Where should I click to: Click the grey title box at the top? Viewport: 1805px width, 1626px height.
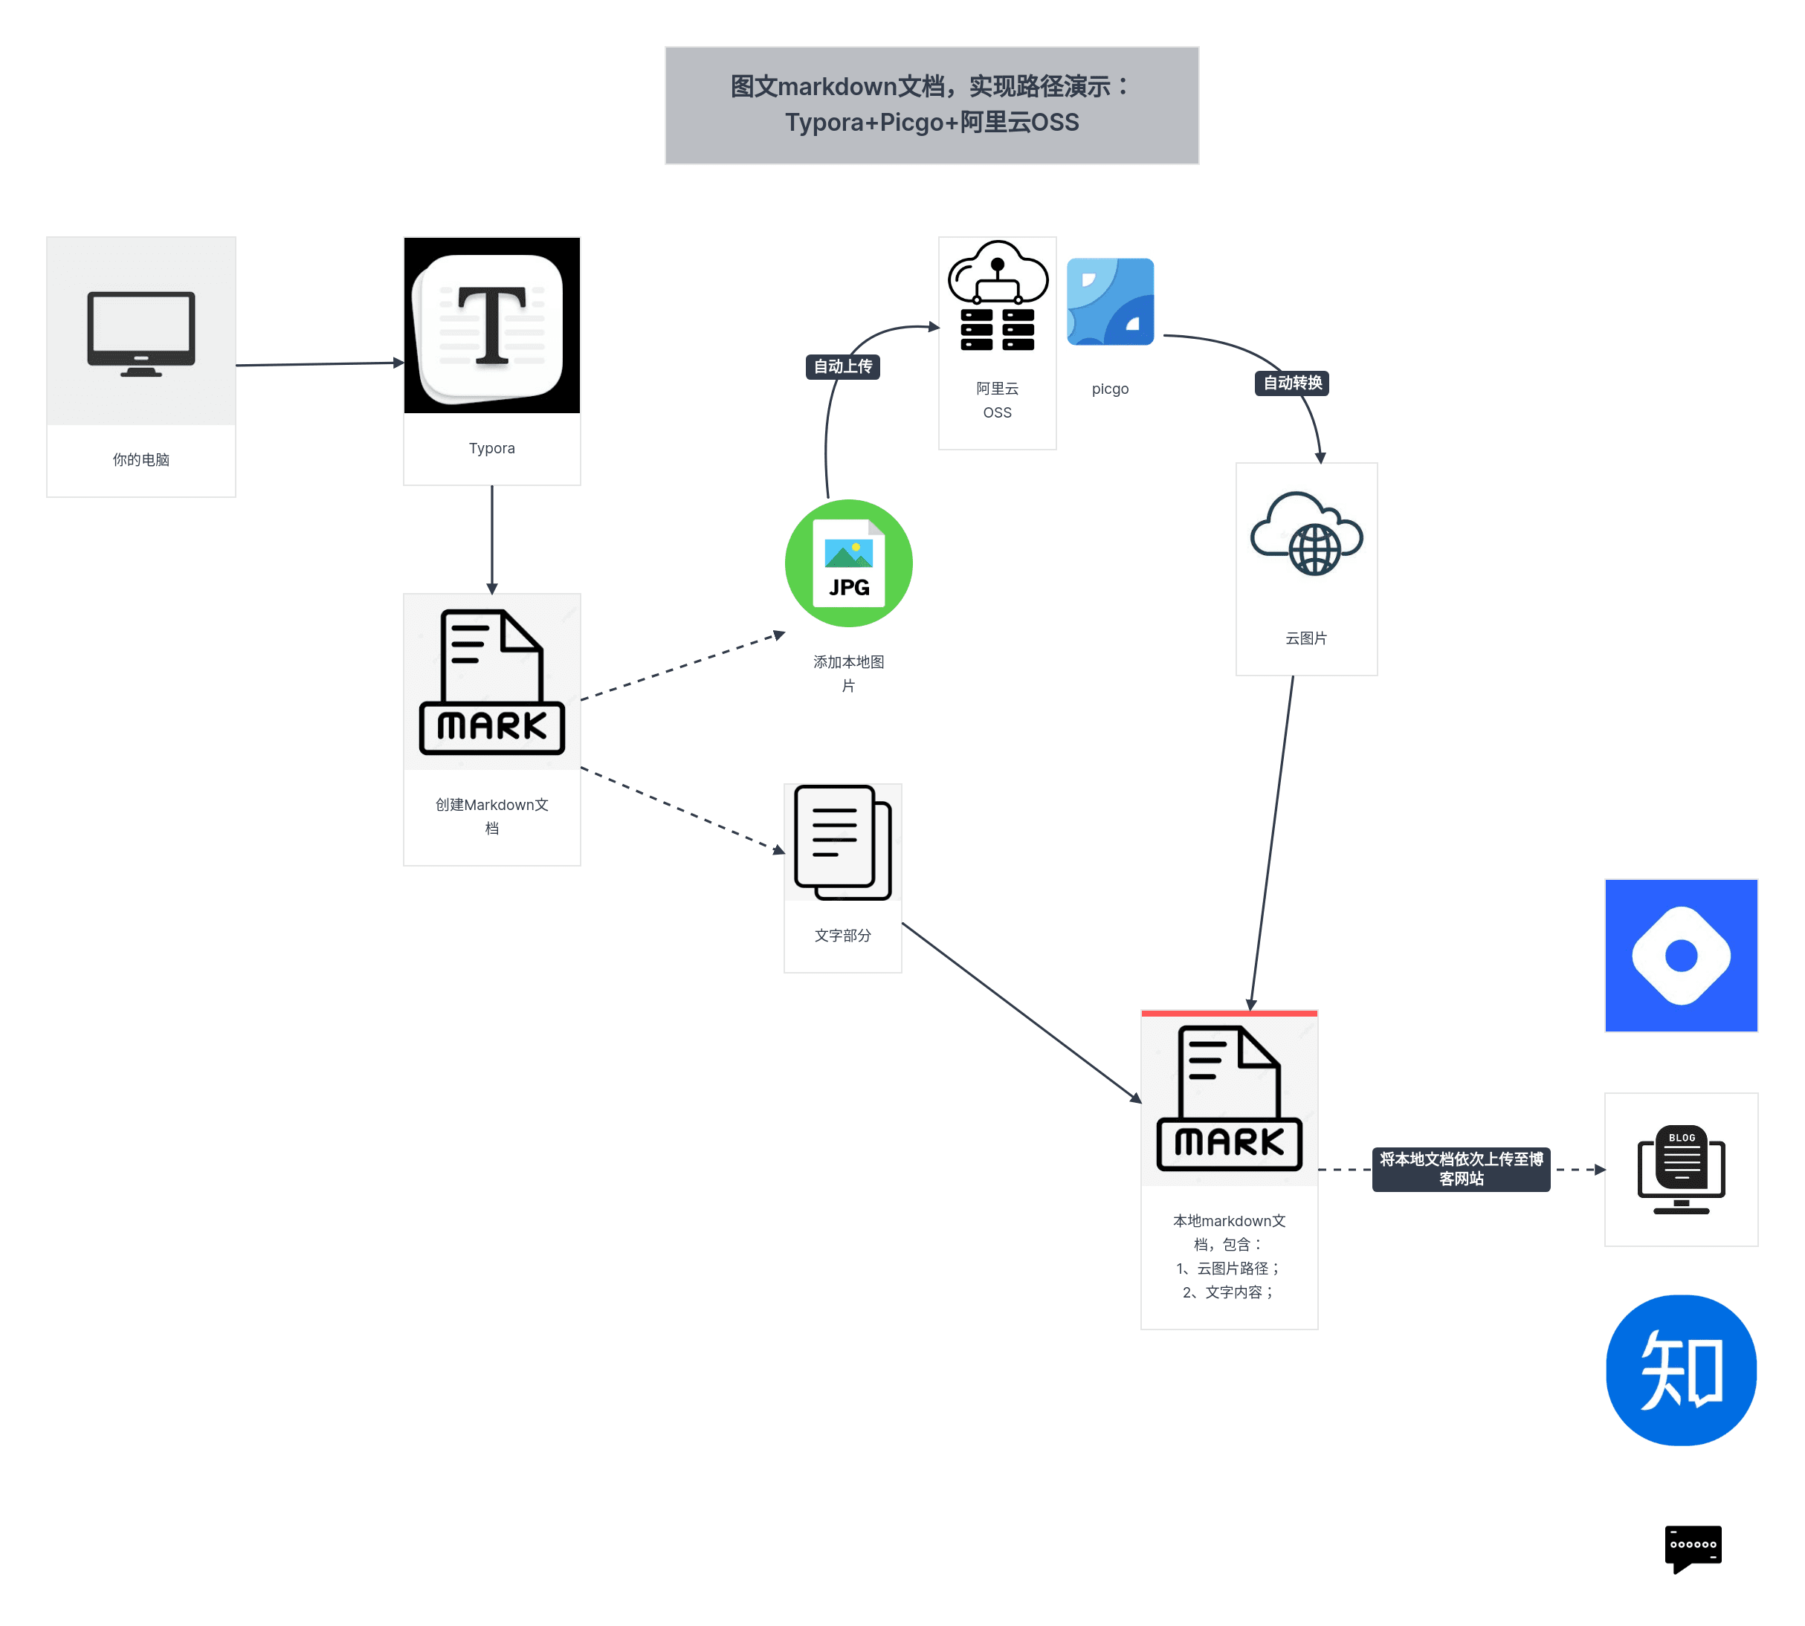pyautogui.click(x=931, y=105)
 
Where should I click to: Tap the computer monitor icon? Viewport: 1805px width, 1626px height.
pyautogui.click(x=141, y=332)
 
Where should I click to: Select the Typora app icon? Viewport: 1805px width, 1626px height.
pyautogui.click(x=491, y=325)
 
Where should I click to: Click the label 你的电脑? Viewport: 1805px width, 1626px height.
pyautogui.click(x=141, y=459)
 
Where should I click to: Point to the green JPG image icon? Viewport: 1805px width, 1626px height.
pyautogui.click(x=848, y=563)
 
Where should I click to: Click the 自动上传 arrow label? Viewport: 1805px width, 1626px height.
pyautogui.click(x=842, y=366)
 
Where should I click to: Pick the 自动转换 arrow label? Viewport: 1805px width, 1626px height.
pyautogui.click(x=1291, y=383)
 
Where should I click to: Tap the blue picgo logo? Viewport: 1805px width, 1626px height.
pyautogui.click(x=1110, y=302)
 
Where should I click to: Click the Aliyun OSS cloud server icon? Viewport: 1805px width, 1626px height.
pyautogui.click(x=997, y=297)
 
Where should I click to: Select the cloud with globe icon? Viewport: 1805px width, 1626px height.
pyautogui.click(x=1305, y=534)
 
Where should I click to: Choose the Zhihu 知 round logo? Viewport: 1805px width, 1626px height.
pyautogui.click(x=1680, y=1369)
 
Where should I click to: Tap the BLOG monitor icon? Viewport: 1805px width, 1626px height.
pyautogui.click(x=1680, y=1168)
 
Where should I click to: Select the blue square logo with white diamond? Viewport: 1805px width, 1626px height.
pyautogui.click(x=1680, y=955)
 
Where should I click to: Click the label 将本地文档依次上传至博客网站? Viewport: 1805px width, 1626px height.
pyautogui.click(x=1460, y=1168)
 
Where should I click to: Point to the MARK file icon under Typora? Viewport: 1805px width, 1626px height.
pyautogui.click(x=491, y=682)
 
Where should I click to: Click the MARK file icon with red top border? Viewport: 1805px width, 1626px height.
pyautogui.click(x=1229, y=1099)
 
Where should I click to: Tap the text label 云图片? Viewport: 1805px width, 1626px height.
pyautogui.click(x=1305, y=638)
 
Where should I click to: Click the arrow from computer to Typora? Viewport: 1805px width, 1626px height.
pyautogui.click(x=319, y=363)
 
